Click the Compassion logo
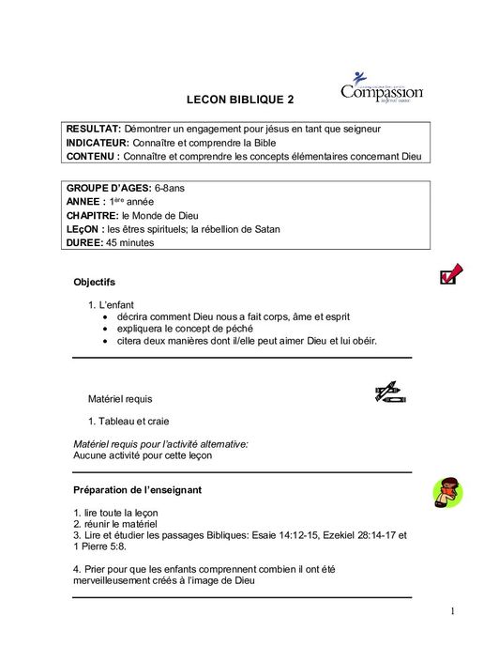[381, 88]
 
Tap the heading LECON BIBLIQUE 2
[240, 99]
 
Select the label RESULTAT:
[93, 128]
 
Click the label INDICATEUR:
[98, 142]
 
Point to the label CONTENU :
[92, 156]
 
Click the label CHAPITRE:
[92, 215]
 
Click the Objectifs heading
[94, 282]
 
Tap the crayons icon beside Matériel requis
[387, 393]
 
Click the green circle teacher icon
[448, 490]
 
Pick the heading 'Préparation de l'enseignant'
[137, 490]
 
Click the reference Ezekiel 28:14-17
[355, 536]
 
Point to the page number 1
[452, 612]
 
